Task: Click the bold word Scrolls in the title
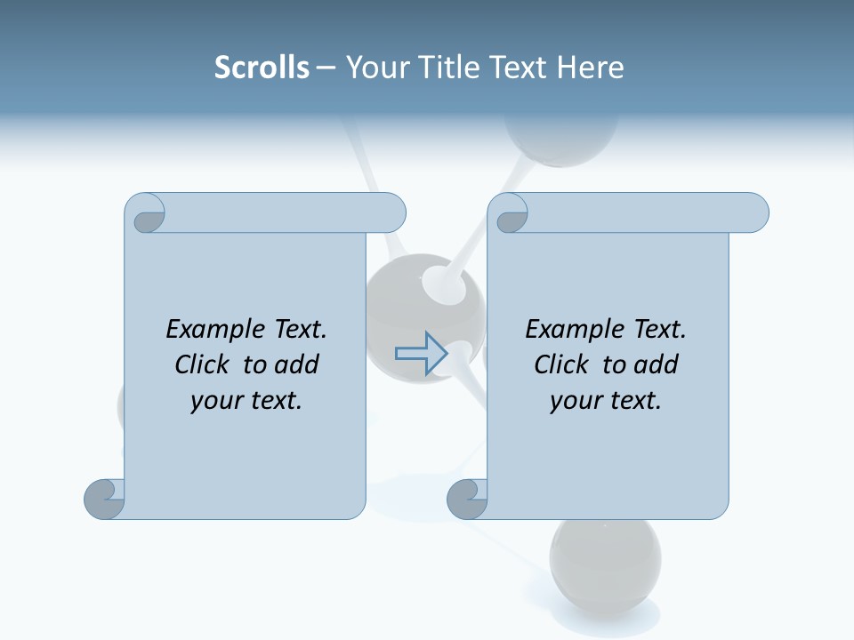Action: point(262,68)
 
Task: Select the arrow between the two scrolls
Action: point(422,353)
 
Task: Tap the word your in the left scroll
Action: point(214,401)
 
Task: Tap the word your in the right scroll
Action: point(574,401)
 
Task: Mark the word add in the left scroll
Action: point(297,364)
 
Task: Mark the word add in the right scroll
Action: point(657,364)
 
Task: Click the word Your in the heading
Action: point(375,68)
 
